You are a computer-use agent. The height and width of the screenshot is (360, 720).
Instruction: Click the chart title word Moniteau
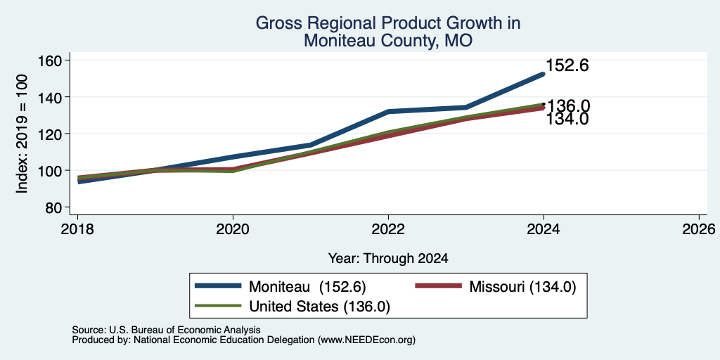point(338,41)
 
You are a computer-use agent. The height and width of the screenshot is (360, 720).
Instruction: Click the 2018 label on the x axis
point(77,229)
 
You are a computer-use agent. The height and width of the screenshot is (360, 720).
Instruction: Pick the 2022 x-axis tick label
point(388,229)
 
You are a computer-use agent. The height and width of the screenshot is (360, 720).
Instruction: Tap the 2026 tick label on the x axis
point(699,229)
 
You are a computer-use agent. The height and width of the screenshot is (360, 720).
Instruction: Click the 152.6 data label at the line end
point(567,65)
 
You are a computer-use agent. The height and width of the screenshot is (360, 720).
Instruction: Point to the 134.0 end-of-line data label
point(567,120)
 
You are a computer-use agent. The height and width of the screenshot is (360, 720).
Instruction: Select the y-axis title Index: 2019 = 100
point(22,134)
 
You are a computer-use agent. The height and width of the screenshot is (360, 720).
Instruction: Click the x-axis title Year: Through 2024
point(388,259)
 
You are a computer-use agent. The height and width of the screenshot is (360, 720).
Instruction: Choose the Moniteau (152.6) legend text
point(307,287)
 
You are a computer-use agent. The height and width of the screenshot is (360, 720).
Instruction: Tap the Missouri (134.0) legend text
point(522,287)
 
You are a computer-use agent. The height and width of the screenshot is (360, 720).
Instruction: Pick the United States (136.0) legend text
point(320,307)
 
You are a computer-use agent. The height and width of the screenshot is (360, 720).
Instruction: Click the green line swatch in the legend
point(218,305)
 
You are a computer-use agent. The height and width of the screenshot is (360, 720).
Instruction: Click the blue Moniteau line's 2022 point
point(388,112)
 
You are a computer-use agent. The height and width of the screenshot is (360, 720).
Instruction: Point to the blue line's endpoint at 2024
point(544,74)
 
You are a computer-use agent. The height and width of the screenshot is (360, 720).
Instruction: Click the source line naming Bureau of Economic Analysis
point(167,330)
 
